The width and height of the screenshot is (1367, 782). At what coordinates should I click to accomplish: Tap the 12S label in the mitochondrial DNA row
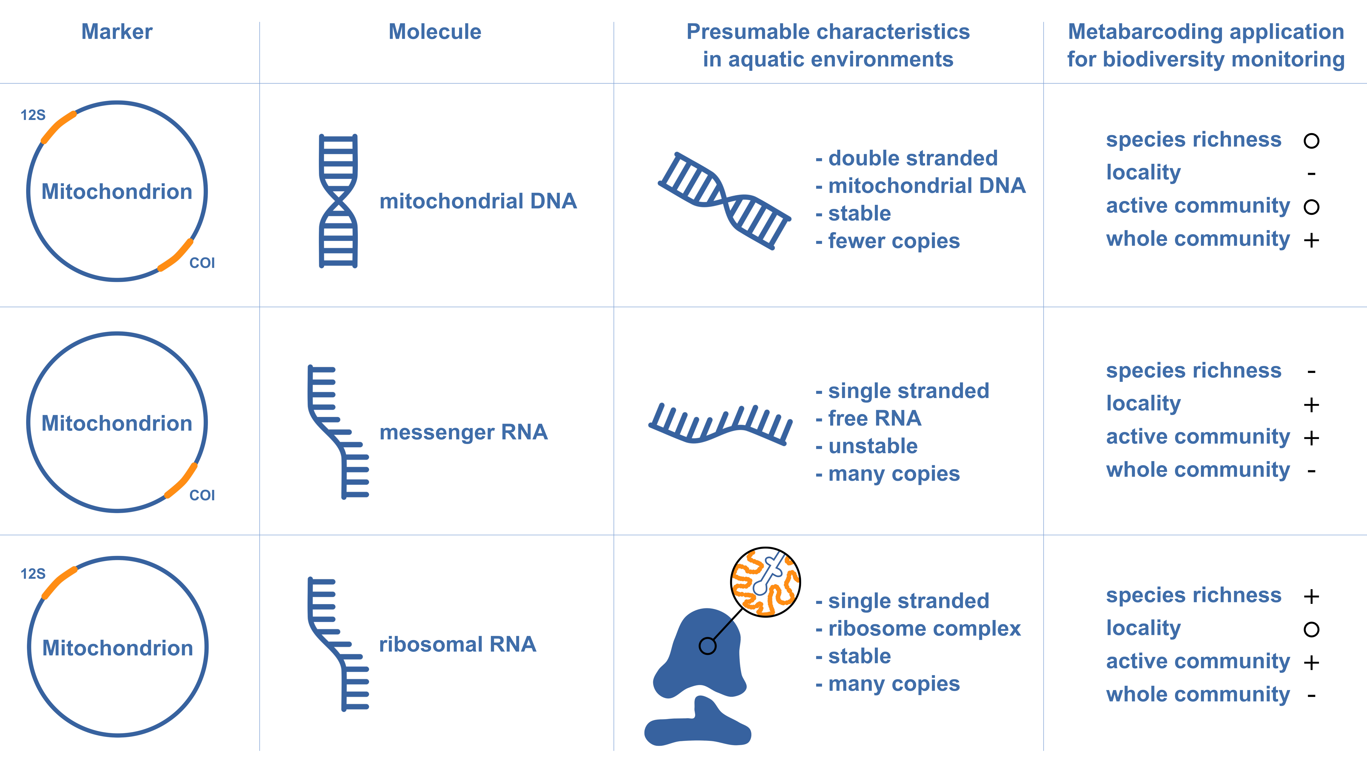click(x=33, y=115)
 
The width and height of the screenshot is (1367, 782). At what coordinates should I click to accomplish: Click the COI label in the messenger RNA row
click(x=202, y=495)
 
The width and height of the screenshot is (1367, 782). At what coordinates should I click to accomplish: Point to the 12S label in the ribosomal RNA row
click(x=33, y=574)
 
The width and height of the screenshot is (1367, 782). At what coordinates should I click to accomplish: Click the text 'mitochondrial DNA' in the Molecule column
click(x=478, y=201)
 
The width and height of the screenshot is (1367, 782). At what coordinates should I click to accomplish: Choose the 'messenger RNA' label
click(x=463, y=432)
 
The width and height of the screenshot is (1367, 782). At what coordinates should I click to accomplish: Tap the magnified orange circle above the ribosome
click(x=765, y=582)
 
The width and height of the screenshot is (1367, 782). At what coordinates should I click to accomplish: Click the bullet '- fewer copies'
click(x=887, y=241)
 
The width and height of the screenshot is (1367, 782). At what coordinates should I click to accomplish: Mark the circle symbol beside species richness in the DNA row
click(x=1311, y=141)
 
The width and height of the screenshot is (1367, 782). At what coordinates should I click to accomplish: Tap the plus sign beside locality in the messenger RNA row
click(x=1311, y=404)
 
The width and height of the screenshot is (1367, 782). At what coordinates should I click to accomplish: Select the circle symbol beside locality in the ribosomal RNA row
click(x=1311, y=629)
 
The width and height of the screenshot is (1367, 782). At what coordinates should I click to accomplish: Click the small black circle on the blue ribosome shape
click(x=707, y=646)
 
